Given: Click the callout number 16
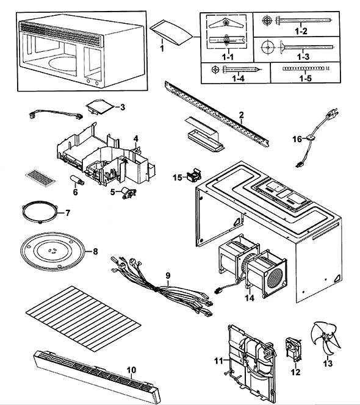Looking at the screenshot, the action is tap(297, 139).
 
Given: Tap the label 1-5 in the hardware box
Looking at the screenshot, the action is tap(306, 78).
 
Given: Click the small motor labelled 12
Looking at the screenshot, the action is tap(293, 349).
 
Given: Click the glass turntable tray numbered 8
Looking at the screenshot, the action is tap(52, 251).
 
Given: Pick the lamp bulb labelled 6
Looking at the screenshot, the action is tap(77, 180).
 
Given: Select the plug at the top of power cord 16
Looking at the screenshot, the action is tap(333, 113).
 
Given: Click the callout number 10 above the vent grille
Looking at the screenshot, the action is tap(131, 370).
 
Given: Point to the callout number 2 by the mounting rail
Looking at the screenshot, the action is tap(242, 115).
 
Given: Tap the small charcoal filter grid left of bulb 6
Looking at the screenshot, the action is tap(40, 177).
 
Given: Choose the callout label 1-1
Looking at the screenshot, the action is tap(228, 57).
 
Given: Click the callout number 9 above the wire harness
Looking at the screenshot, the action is tap(168, 276).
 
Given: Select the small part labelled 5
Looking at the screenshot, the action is tap(129, 193).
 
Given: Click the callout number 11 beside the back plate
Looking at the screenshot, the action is tap(218, 361).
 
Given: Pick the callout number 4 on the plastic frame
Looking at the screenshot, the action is tap(135, 138).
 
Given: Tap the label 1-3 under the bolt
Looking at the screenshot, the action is tap(303, 57).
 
